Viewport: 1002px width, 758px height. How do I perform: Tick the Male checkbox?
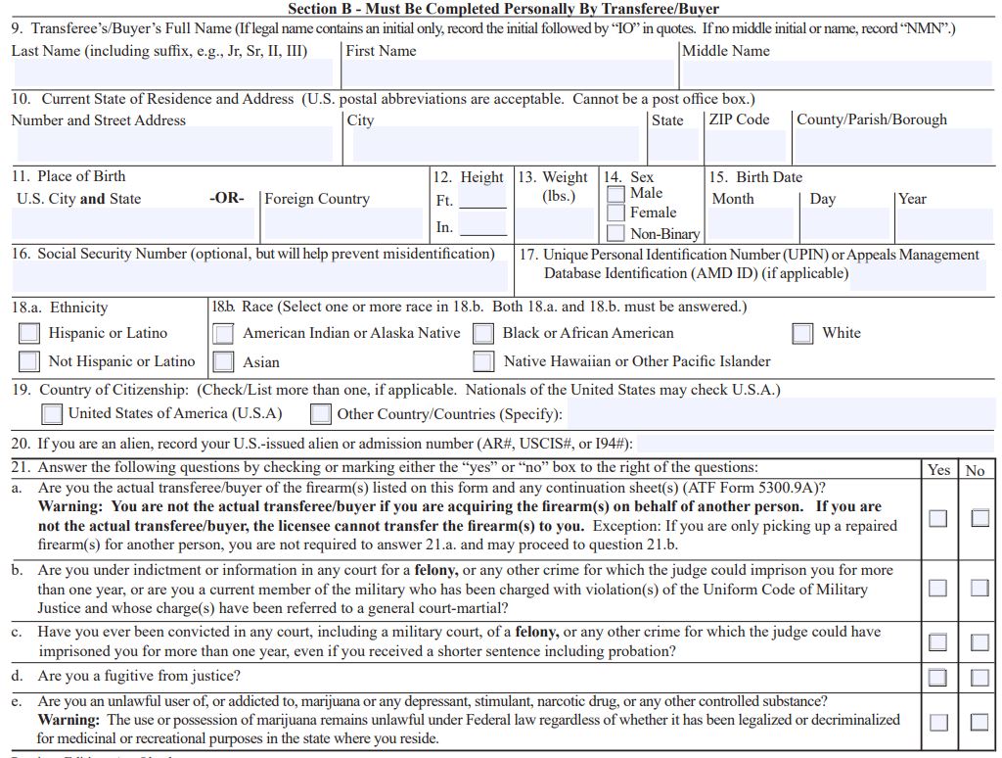click(616, 194)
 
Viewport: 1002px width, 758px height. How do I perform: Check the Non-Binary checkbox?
click(616, 233)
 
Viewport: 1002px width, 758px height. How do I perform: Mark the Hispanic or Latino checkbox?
click(29, 334)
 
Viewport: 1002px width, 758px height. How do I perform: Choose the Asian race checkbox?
click(224, 361)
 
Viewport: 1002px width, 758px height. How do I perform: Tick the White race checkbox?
click(802, 334)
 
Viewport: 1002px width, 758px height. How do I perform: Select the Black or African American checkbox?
click(483, 334)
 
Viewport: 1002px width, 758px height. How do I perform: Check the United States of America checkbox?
click(52, 414)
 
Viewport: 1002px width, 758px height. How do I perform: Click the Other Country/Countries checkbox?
click(321, 414)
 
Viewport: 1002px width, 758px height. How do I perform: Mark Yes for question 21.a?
click(938, 518)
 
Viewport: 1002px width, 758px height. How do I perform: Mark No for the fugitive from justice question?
click(979, 677)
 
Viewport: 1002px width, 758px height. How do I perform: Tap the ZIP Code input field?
click(748, 145)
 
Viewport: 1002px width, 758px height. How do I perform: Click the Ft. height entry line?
click(482, 199)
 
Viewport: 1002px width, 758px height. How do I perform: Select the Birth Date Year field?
click(944, 224)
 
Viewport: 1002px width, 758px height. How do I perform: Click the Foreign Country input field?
click(342, 224)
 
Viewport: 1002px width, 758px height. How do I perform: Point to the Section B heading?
click(503, 9)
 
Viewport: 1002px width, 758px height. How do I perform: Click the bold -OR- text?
click(227, 199)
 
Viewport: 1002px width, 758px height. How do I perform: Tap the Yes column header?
click(938, 470)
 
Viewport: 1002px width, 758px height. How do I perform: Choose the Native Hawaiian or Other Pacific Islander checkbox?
click(483, 361)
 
